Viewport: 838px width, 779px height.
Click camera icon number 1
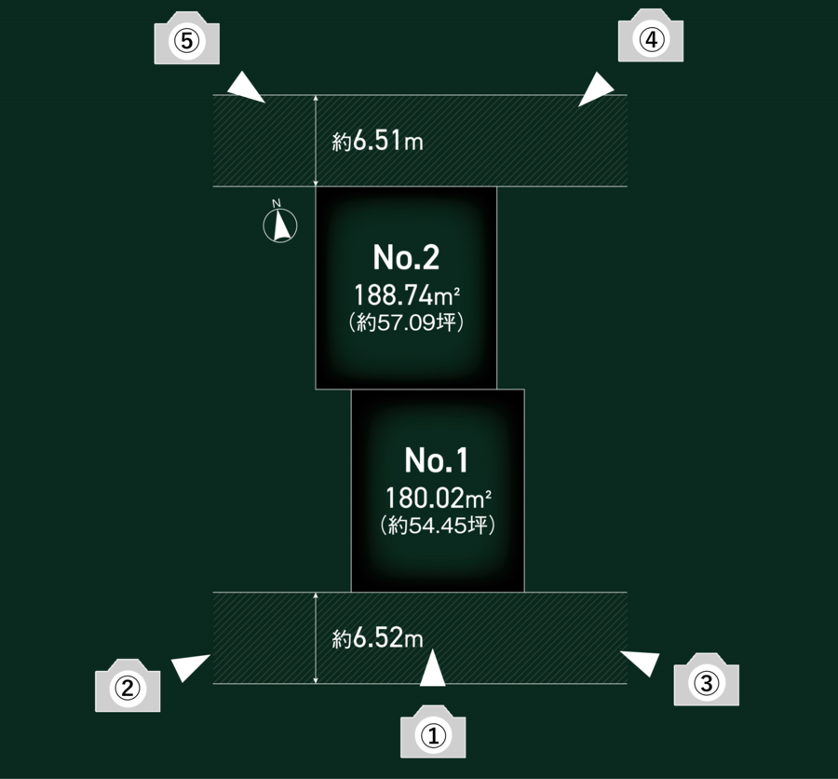[432, 735]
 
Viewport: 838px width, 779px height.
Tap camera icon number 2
[128, 688]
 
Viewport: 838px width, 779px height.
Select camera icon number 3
[706, 683]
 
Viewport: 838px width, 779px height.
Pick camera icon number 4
[651, 40]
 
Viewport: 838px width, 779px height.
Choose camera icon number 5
[186, 41]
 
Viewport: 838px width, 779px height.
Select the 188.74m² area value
[408, 296]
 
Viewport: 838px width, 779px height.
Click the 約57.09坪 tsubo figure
[406, 323]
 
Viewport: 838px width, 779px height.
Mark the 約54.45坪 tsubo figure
[438, 526]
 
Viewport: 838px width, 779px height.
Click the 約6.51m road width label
[377, 143]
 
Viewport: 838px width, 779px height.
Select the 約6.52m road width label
[377, 639]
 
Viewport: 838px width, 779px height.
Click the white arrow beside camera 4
[597, 91]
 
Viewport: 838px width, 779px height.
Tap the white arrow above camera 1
[433, 671]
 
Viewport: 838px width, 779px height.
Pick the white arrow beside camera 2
[192, 666]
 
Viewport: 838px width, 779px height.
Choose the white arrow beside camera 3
[640, 662]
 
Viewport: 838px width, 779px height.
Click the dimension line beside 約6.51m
[317, 141]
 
